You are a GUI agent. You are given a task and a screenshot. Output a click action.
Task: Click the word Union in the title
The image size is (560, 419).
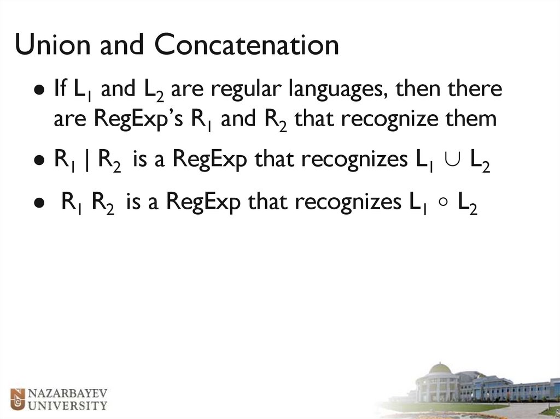(x=52, y=45)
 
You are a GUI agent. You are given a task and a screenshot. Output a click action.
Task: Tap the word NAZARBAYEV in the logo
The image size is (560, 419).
(x=67, y=393)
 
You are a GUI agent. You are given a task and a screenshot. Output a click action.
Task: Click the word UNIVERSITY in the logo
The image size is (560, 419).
(x=67, y=405)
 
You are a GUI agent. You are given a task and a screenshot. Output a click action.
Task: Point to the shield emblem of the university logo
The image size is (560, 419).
(x=18, y=399)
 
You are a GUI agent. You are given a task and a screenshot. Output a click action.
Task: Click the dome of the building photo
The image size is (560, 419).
(x=440, y=368)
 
